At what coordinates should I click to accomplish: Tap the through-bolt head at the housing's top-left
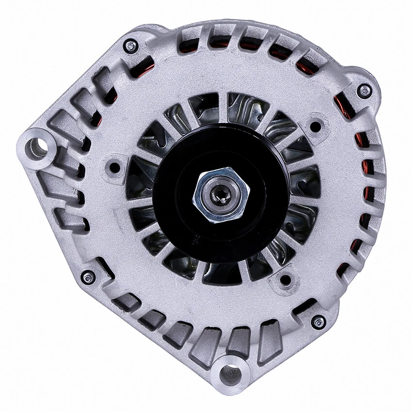tap(129, 47)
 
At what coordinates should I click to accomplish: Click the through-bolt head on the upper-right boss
tap(364, 90)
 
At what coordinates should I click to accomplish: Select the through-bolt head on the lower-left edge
tap(88, 277)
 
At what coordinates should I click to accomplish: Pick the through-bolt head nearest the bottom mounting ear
tap(318, 321)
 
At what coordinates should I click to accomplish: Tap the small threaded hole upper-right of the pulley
tap(316, 127)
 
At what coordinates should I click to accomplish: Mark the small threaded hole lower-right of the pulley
tap(285, 280)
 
